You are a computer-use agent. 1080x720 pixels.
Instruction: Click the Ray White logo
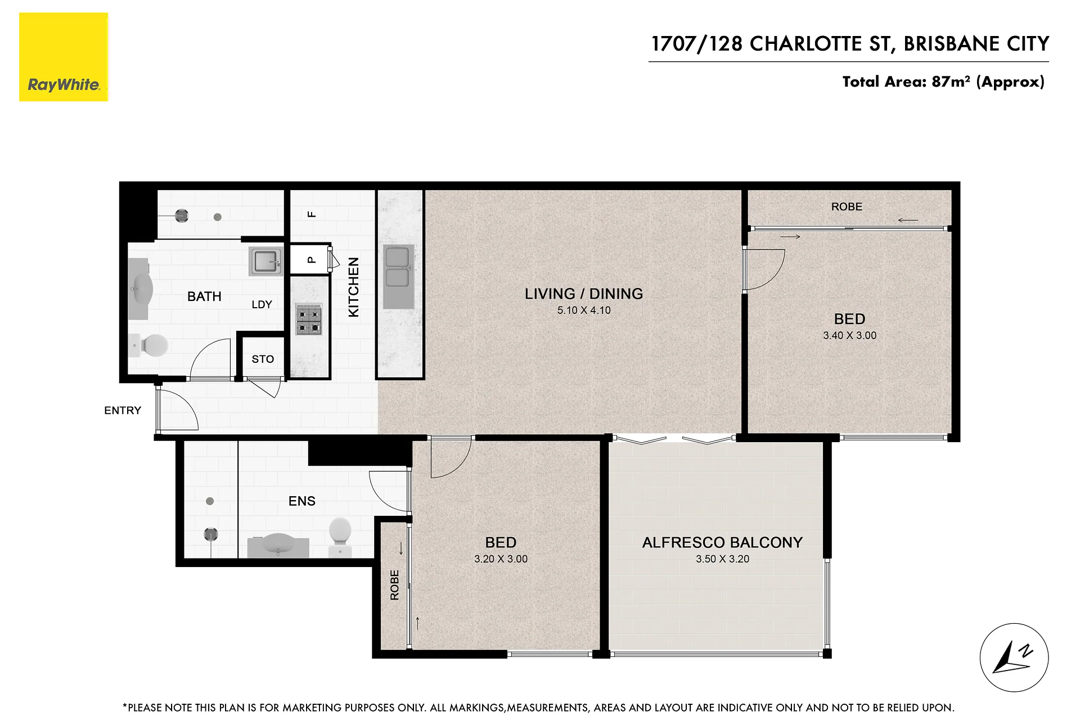(64, 57)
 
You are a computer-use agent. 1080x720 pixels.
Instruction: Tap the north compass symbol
(1014, 657)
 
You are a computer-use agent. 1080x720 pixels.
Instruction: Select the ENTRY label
(123, 411)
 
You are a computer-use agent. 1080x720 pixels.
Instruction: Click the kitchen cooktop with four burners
(309, 319)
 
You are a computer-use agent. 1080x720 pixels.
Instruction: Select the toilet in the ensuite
(340, 538)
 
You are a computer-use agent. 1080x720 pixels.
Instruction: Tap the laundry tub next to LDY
(265, 261)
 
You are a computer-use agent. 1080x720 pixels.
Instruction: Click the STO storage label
(263, 359)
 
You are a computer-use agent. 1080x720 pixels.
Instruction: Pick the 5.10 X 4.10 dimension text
(584, 310)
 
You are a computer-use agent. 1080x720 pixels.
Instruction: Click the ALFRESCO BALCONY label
(722, 542)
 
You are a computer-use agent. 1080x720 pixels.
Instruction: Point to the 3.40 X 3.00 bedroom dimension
(849, 335)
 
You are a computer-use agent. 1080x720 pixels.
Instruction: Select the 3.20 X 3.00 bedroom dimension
(501, 559)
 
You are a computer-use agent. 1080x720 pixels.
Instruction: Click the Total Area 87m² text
(943, 82)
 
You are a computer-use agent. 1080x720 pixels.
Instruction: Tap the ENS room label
(302, 501)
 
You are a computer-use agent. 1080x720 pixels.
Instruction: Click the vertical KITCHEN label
(354, 287)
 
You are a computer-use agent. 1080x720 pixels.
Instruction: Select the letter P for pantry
(311, 260)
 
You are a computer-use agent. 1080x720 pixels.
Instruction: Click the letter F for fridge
(312, 214)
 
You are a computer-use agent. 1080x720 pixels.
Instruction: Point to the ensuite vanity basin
(278, 546)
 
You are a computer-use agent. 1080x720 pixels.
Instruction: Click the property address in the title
(850, 44)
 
